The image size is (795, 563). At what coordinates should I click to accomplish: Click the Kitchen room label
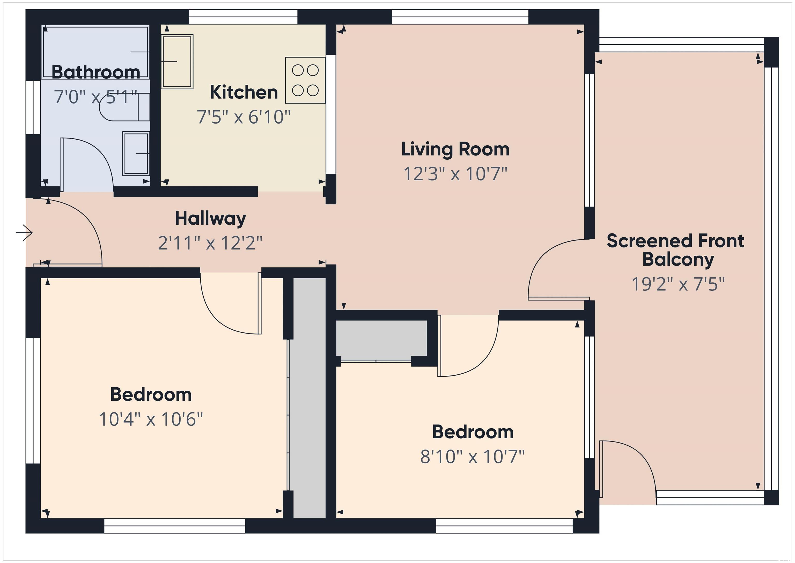pos(244,92)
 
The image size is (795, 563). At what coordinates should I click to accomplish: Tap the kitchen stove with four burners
pos(305,80)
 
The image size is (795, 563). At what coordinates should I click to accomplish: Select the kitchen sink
pos(177,62)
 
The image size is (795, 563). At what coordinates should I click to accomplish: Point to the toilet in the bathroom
pos(125,107)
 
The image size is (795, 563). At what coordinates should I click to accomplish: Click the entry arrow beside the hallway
pos(24,233)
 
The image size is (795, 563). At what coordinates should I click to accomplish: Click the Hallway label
pos(210,219)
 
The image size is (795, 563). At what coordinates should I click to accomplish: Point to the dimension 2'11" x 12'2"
pos(210,243)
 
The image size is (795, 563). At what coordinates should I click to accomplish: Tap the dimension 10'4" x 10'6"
pos(151,419)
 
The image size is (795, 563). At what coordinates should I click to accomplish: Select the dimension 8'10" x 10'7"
pos(472,457)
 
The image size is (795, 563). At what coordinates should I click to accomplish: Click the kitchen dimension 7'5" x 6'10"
pos(244,117)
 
